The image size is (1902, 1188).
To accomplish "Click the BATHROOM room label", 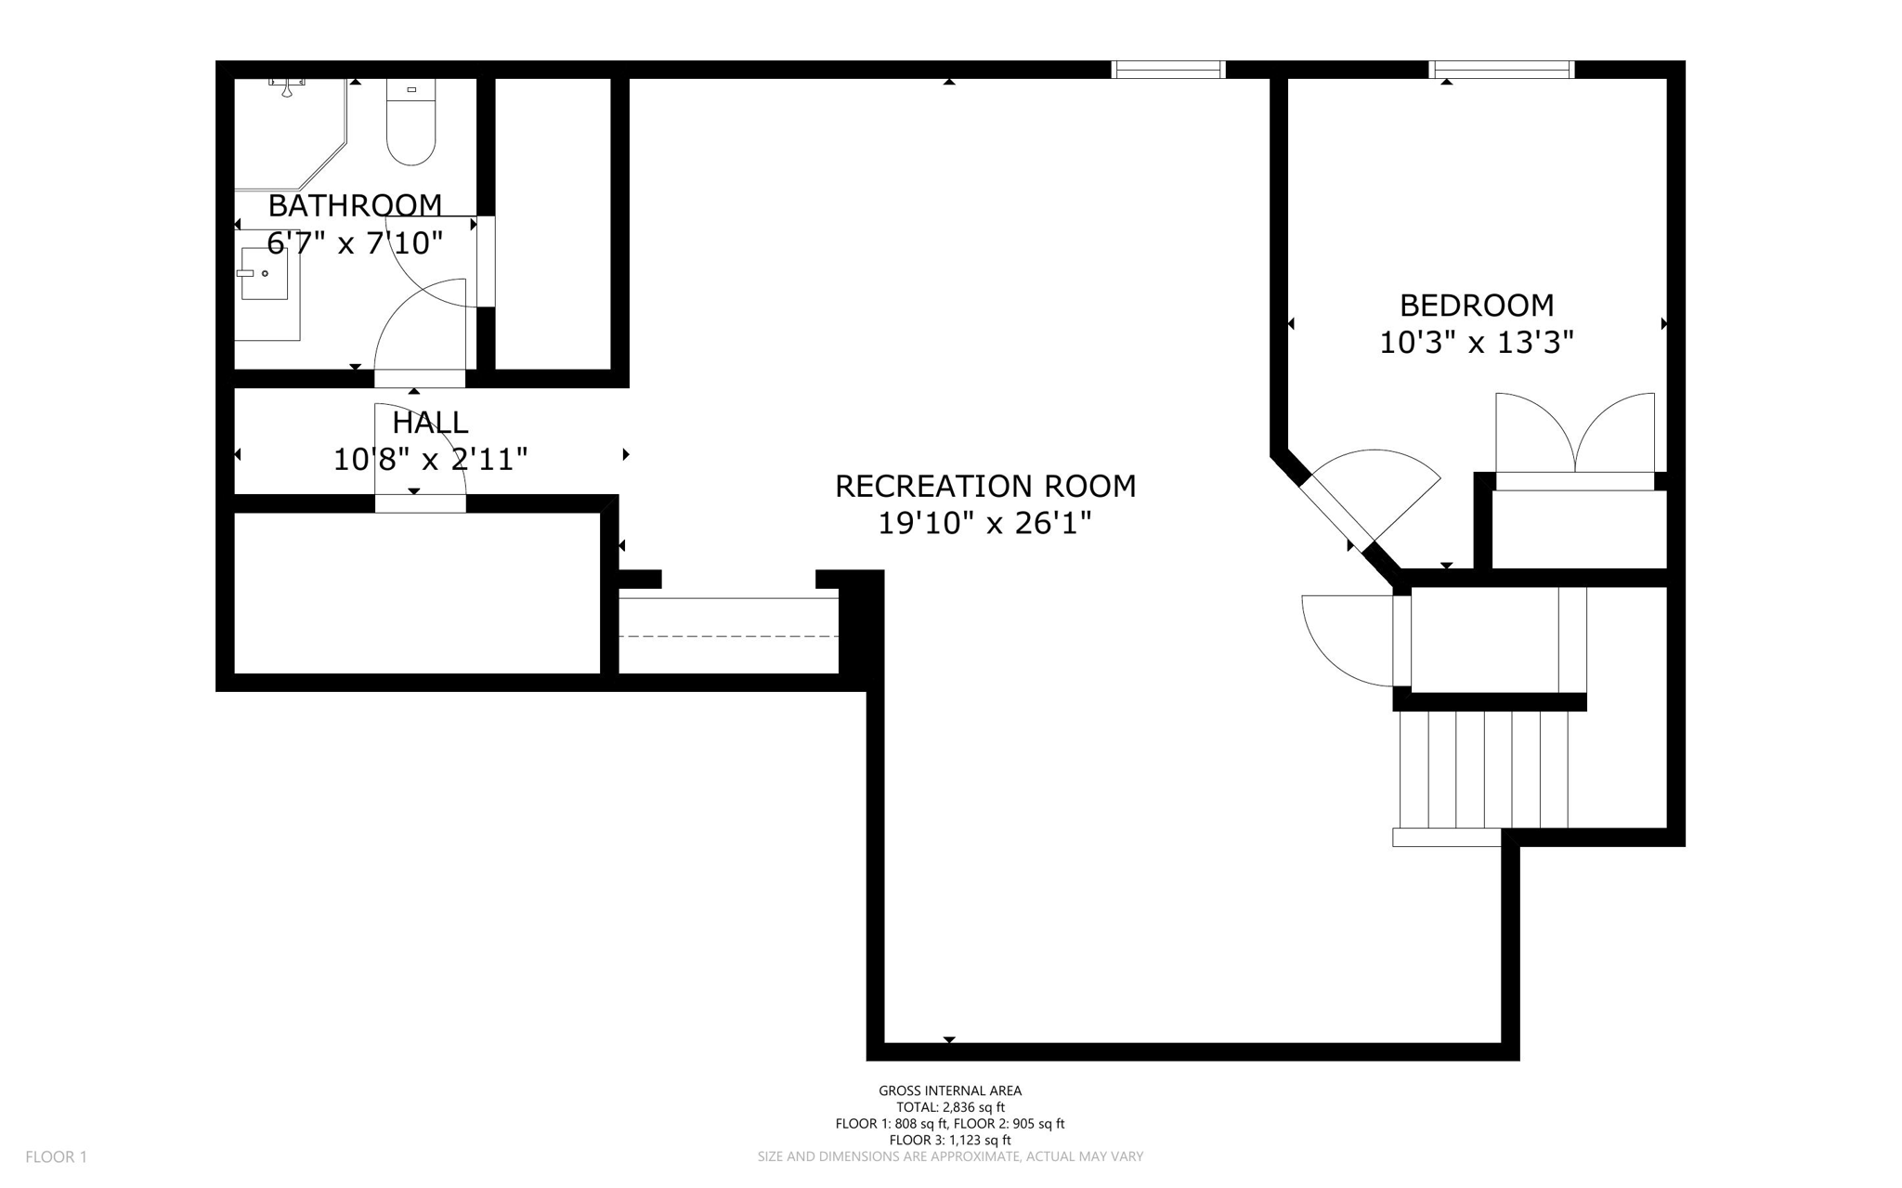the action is click(x=355, y=205).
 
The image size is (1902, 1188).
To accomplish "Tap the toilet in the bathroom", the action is click(x=410, y=122).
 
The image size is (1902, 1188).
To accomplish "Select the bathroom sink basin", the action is click(x=265, y=273).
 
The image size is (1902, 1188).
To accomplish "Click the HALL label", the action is click(x=430, y=423).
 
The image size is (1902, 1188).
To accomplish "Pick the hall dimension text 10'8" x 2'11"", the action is click(x=431, y=460).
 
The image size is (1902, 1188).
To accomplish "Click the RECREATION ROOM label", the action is click(x=985, y=486).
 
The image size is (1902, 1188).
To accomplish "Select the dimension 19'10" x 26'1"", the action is click(x=984, y=524).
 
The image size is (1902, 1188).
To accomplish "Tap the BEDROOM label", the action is click(x=1477, y=305).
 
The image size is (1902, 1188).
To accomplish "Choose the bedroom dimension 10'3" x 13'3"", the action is click(x=1477, y=344).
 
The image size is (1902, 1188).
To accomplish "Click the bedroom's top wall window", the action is click(x=1502, y=70).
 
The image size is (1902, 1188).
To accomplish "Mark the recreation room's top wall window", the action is click(x=1168, y=70).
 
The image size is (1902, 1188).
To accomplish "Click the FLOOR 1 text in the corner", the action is click(x=56, y=1157).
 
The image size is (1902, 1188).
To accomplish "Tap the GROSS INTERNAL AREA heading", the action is click(x=950, y=1091).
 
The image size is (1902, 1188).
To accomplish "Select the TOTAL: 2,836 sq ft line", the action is click(x=950, y=1107).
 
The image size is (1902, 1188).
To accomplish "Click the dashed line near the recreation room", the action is click(x=729, y=636).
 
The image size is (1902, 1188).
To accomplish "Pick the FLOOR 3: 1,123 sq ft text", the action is click(x=950, y=1141).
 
